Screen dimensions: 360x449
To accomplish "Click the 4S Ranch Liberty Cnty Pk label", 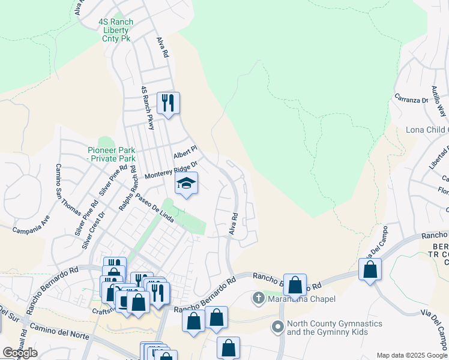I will point(116,30).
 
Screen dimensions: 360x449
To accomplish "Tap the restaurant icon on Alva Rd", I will point(169,103).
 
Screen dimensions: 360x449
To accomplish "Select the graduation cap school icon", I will point(186,183).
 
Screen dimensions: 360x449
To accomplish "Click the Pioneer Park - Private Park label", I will point(112,154).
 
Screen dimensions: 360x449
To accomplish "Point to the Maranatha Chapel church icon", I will point(258,298).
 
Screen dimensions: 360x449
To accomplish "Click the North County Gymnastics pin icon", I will point(277,327).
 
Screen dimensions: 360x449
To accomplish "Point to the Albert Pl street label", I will point(185,152).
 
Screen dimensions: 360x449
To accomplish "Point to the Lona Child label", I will point(426,130).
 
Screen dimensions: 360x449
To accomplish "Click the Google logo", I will point(20,352).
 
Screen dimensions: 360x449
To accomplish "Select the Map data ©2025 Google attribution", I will point(411,355).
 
